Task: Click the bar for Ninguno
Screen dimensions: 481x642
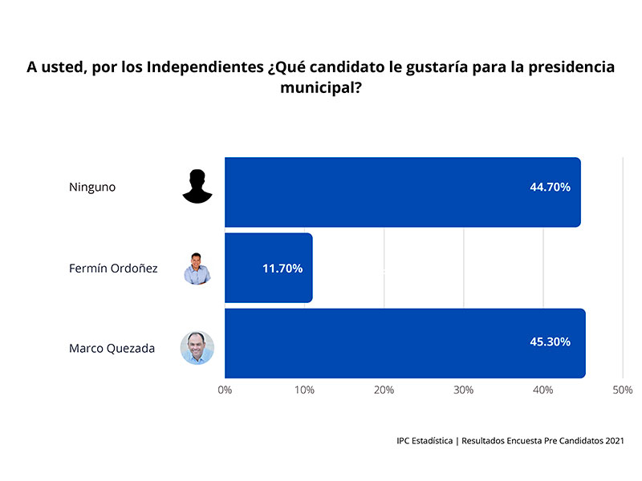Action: point(401,192)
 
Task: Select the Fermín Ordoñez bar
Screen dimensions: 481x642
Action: point(268,268)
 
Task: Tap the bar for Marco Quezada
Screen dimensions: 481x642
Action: point(404,343)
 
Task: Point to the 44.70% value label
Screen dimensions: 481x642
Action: point(550,187)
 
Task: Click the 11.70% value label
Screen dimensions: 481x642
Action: point(282,269)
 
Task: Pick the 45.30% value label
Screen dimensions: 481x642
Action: point(550,342)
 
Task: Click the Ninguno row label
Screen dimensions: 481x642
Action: point(92,187)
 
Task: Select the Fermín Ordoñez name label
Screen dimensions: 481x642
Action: point(113,269)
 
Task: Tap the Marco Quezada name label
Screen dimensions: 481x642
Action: point(112,348)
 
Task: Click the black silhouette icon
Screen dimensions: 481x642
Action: point(197,187)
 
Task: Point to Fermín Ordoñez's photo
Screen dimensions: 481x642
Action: point(197,269)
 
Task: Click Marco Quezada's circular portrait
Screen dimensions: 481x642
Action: point(197,348)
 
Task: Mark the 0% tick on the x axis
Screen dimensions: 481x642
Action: point(225,390)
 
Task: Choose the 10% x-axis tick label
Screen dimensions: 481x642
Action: point(304,390)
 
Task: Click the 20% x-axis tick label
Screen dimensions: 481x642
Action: point(384,390)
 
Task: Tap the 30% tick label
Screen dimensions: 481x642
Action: point(463,390)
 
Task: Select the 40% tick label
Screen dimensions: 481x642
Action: point(543,390)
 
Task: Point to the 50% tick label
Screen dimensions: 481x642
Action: point(623,390)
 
